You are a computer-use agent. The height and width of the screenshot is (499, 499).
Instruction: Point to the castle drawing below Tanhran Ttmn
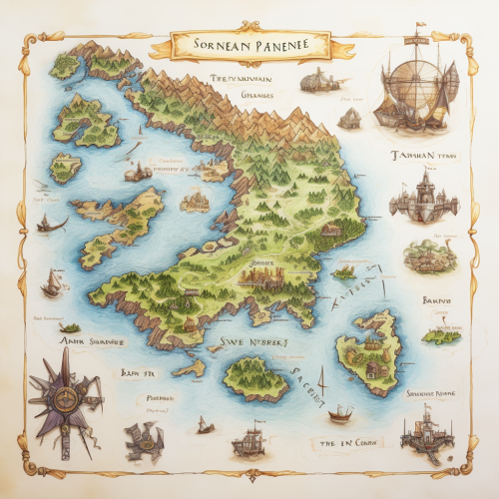tap(423, 198)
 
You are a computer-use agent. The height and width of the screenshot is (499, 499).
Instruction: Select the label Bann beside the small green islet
tap(436, 299)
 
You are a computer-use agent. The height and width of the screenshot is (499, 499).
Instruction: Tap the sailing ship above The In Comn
tap(339, 412)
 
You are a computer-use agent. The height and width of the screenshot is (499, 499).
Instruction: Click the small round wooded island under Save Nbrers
tap(255, 376)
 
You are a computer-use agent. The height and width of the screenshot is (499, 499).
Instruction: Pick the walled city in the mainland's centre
tap(264, 273)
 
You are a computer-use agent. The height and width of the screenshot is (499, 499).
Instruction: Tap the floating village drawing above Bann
tap(430, 254)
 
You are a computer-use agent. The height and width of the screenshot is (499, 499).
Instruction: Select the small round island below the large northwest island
tap(66, 167)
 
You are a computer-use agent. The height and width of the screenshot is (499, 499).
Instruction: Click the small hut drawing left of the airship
tap(348, 118)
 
